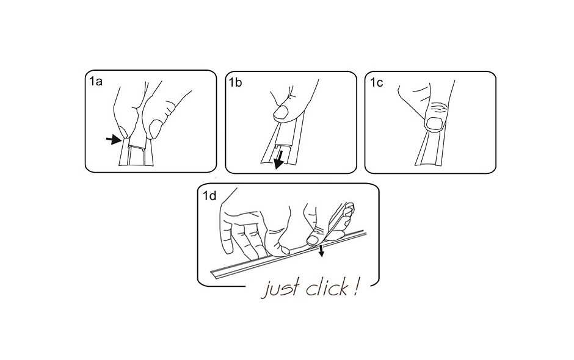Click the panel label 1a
point(96,81)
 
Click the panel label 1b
point(235,83)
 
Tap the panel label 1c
point(376,83)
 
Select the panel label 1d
point(210,196)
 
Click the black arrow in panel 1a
point(114,139)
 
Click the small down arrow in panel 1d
point(321,251)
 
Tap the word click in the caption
point(327,287)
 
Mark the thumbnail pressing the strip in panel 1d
point(313,240)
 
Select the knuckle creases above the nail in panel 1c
point(438,108)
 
